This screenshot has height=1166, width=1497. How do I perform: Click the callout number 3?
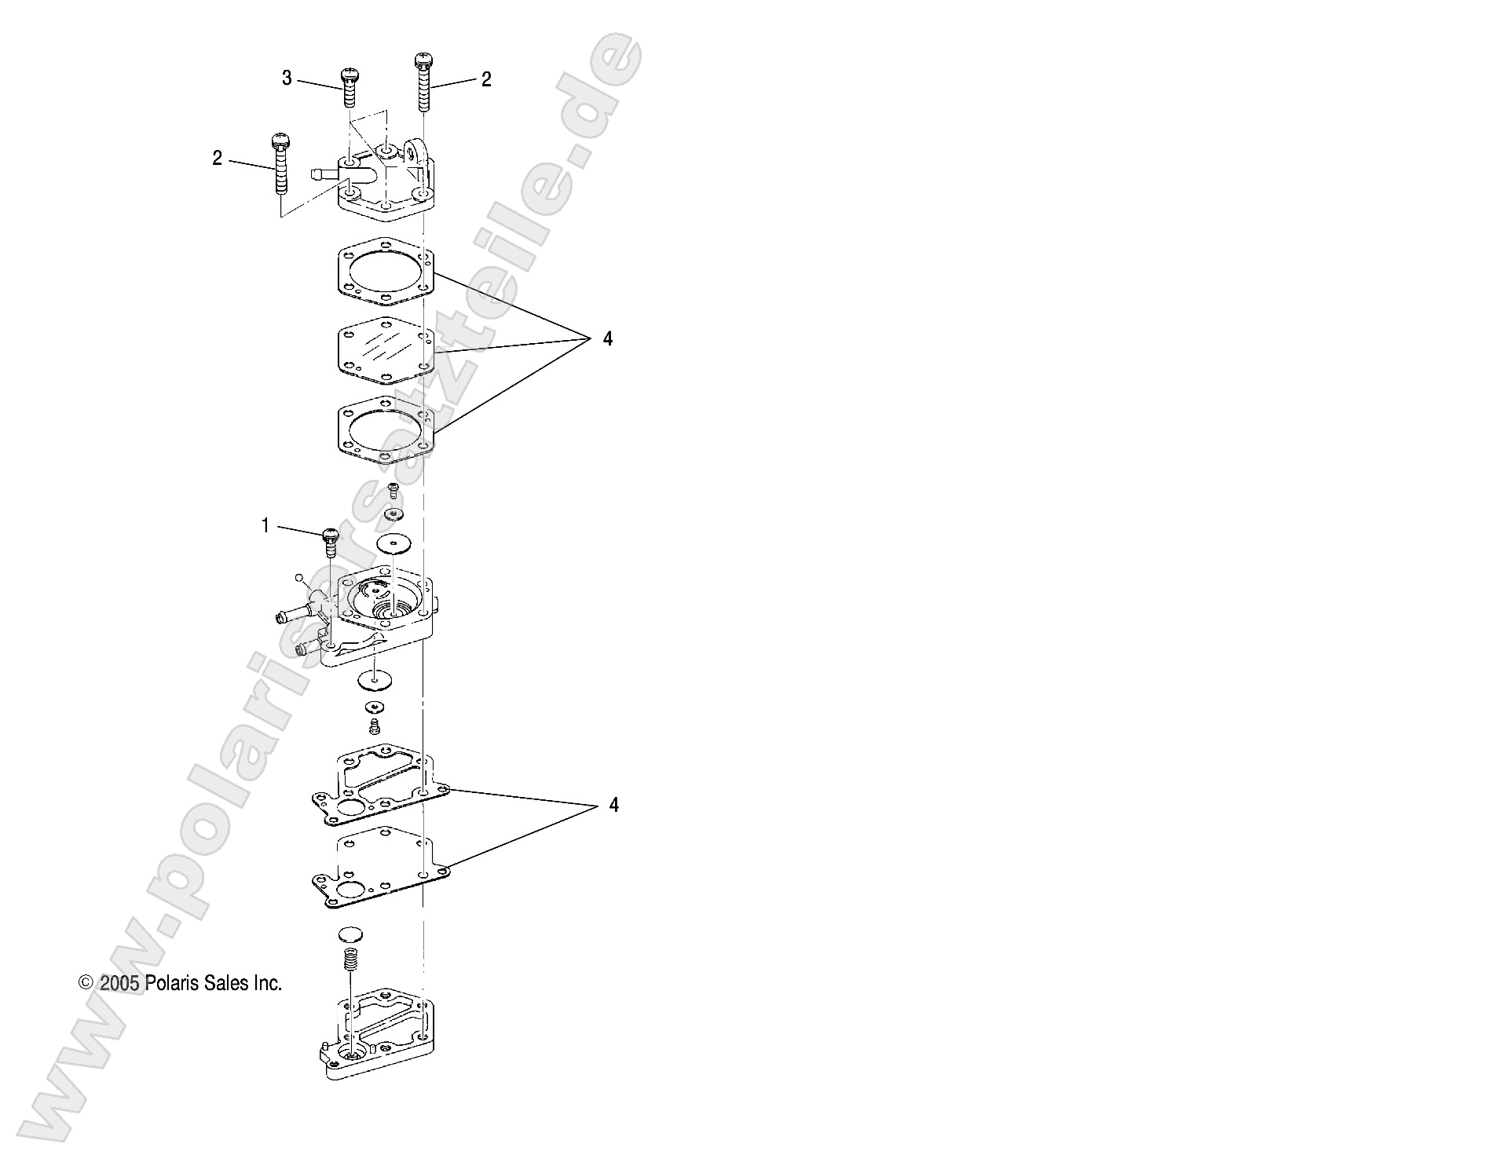coord(287,78)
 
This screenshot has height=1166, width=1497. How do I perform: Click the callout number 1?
coord(265,525)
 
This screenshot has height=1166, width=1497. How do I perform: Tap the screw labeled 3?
coord(350,88)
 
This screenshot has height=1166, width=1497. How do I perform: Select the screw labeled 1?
coord(331,543)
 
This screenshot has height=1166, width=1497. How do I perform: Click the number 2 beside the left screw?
coord(218,159)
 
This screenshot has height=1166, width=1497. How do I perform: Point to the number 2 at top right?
coord(486,79)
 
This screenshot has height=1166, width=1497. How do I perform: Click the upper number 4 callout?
coord(607,338)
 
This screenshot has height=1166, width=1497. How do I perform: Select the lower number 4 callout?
coord(613,805)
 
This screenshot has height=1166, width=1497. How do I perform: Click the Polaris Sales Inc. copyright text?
coord(181,982)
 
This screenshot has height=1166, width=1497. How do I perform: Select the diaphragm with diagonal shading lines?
coord(386,350)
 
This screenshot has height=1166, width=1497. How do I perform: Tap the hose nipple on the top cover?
coord(324,174)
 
